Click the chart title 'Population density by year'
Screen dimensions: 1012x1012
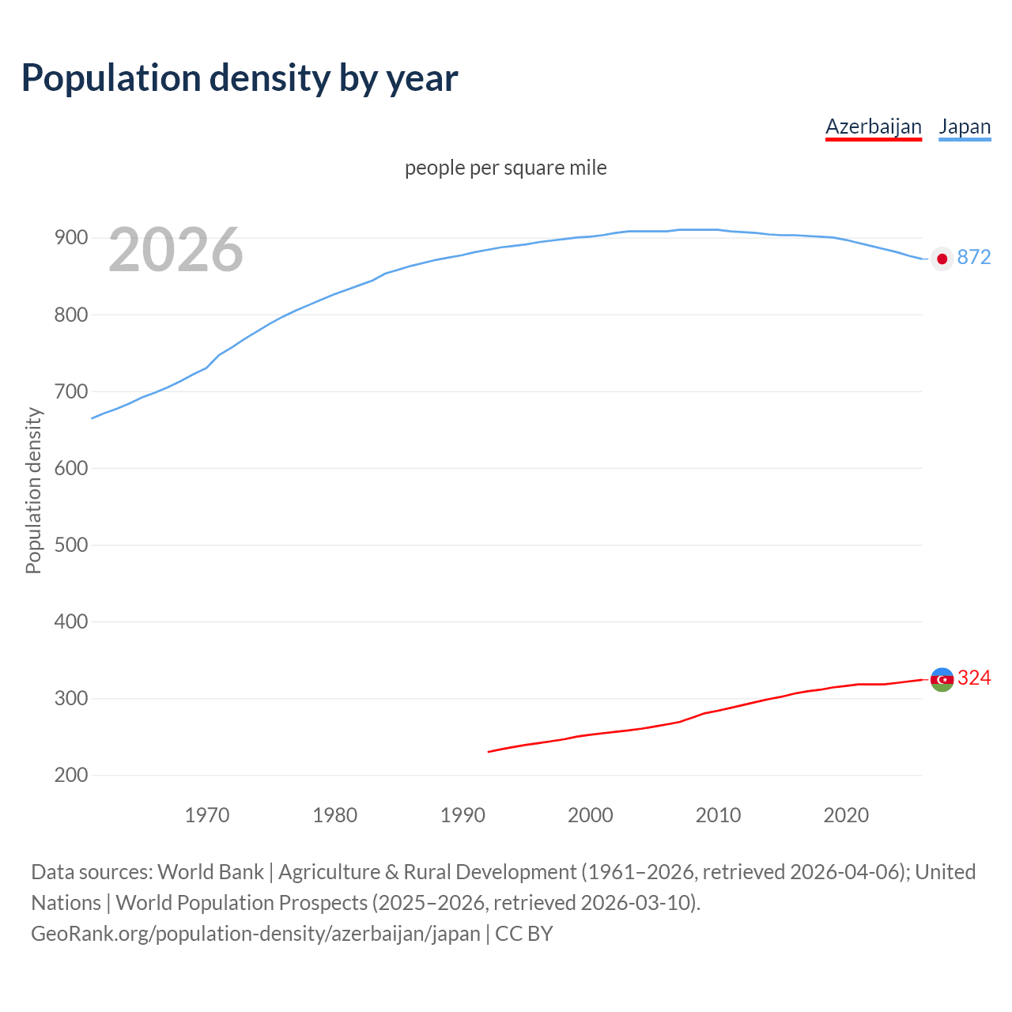[240, 77]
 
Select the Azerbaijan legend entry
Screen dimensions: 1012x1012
[873, 126]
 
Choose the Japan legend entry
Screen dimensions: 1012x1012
[965, 126]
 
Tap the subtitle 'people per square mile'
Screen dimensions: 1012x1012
[506, 168]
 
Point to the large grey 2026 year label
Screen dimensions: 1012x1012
[176, 250]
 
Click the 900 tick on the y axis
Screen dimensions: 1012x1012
[70, 238]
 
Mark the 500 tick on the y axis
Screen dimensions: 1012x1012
[70, 545]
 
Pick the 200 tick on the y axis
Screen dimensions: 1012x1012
[70, 775]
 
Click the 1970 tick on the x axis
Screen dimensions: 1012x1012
[207, 815]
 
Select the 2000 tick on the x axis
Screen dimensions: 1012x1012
[590, 815]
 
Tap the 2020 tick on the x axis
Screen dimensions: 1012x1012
[846, 815]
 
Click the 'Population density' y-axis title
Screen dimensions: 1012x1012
[33, 490]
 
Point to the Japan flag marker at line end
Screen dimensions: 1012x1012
[942, 259]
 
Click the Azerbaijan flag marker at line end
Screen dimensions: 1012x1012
[942, 679]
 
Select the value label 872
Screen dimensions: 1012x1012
[974, 257]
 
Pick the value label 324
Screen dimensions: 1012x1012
[974, 678]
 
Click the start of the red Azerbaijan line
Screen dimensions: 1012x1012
[489, 751]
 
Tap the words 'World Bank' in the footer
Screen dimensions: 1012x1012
[210, 872]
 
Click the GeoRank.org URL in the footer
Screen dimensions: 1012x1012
[255, 934]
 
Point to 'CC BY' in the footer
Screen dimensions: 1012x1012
[523, 934]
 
